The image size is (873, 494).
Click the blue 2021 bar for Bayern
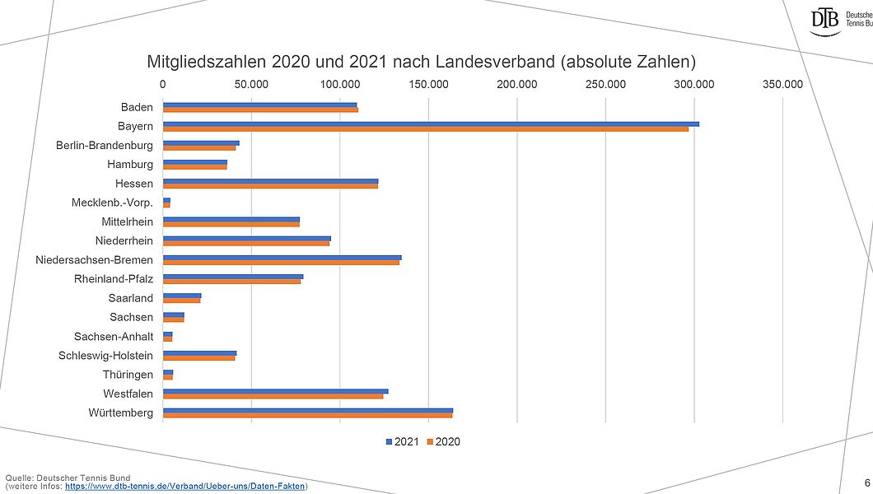tap(431, 124)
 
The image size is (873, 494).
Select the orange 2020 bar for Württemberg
tap(307, 415)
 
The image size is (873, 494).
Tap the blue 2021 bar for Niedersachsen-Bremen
tap(282, 258)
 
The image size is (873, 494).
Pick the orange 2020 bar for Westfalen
tap(273, 396)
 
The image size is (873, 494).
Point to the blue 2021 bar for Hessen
tap(270, 180)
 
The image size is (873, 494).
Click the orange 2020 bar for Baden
tap(260, 110)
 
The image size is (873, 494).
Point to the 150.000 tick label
tap(429, 84)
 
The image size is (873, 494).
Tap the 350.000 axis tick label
tap(782, 84)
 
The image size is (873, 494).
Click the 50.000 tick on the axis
tap(251, 84)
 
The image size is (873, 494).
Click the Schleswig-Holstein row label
tap(105, 356)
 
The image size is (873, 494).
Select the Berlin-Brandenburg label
tap(105, 146)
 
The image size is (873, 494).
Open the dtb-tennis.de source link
tap(185, 487)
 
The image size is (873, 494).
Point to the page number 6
tap(866, 482)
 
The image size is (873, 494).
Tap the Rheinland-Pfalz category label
tap(114, 279)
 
